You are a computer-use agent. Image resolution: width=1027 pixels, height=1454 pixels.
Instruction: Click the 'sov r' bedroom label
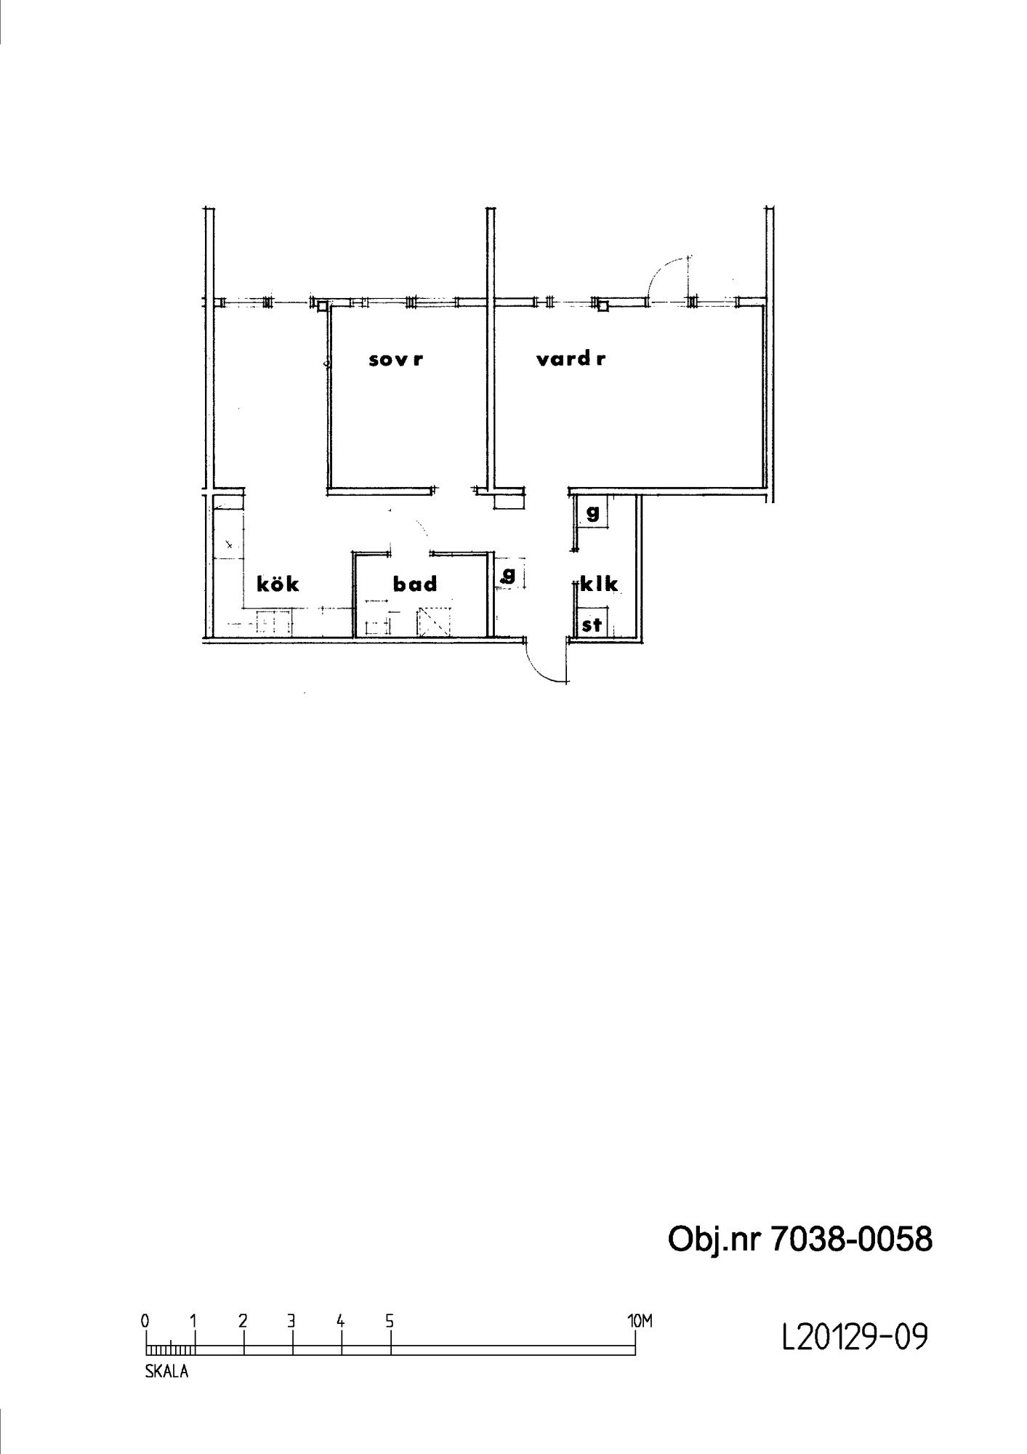[396, 359]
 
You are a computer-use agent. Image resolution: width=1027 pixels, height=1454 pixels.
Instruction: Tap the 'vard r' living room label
[571, 359]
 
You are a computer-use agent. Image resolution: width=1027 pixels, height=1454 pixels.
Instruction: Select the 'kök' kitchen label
[278, 583]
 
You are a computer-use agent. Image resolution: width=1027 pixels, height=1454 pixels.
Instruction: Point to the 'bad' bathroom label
[415, 584]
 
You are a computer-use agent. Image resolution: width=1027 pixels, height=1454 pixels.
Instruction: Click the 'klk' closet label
[600, 583]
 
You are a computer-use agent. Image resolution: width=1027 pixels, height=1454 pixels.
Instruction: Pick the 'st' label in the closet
[592, 624]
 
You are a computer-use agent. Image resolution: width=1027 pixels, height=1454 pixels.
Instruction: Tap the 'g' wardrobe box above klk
[592, 513]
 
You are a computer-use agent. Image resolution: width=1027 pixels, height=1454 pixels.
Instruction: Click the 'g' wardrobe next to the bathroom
[509, 575]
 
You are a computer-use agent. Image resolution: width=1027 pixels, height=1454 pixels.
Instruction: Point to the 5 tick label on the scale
[390, 1321]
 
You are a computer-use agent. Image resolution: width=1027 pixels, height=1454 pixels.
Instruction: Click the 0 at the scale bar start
[145, 1321]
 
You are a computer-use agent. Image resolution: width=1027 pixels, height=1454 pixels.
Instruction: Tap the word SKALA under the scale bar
[167, 1373]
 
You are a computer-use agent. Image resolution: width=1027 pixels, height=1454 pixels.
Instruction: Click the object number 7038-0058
[851, 1240]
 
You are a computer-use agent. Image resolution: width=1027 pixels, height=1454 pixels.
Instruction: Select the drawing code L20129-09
[855, 1336]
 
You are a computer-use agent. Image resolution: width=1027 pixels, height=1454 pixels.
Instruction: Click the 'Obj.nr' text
[714, 1240]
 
